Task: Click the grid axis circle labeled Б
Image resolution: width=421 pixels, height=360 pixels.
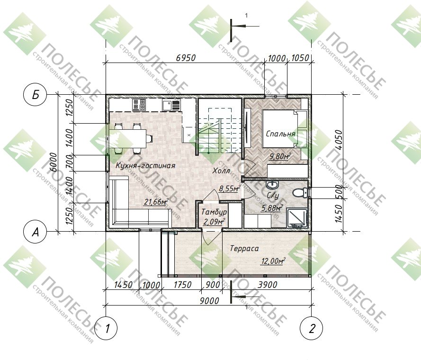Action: pyautogui.click(x=35, y=95)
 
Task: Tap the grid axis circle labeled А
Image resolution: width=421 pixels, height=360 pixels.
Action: pyautogui.click(x=35, y=231)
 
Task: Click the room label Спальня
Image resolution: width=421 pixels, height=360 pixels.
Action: pyautogui.click(x=280, y=134)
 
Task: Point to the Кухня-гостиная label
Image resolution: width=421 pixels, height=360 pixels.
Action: pyautogui.click(x=145, y=165)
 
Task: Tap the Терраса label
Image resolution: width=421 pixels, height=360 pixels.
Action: pyautogui.click(x=244, y=249)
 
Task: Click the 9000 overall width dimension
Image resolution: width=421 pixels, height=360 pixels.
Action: pyautogui.click(x=209, y=301)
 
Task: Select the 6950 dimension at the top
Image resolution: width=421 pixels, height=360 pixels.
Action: pyautogui.click(x=186, y=58)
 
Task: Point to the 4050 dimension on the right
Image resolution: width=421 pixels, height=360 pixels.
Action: pyautogui.click(x=339, y=140)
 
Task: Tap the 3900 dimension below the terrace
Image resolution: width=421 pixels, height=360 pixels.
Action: pyautogui.click(x=268, y=285)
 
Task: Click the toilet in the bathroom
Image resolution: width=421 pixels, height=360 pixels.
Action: pyautogui.click(x=300, y=193)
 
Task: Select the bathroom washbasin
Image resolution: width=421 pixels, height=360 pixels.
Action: pyautogui.click(x=272, y=185)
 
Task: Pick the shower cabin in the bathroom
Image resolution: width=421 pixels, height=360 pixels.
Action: pyautogui.click(x=297, y=218)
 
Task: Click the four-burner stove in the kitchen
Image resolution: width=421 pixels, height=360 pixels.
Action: pyautogui.click(x=139, y=105)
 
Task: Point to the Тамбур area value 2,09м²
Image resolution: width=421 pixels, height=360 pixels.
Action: pyautogui.click(x=214, y=222)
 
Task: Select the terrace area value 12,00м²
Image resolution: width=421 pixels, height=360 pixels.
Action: pyautogui.click(x=272, y=261)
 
